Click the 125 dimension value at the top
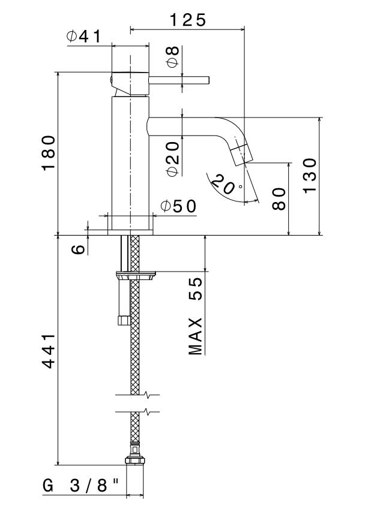point(187,20)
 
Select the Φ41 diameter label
point(83,36)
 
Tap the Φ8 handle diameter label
point(173,56)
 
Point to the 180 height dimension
point(49,153)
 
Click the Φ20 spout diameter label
point(173,159)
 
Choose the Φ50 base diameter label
point(178,206)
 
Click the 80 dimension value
point(279,198)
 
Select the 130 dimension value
point(310,176)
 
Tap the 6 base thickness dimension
point(78,249)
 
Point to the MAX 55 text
point(196,316)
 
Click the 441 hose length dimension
point(49,351)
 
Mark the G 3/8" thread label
point(80,486)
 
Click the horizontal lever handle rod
point(179,80)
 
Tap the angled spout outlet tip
point(241,153)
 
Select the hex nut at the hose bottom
point(135,460)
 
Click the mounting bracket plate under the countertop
point(135,275)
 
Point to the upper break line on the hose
point(137,394)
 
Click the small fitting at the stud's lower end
point(124,320)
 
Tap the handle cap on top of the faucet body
point(130,84)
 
